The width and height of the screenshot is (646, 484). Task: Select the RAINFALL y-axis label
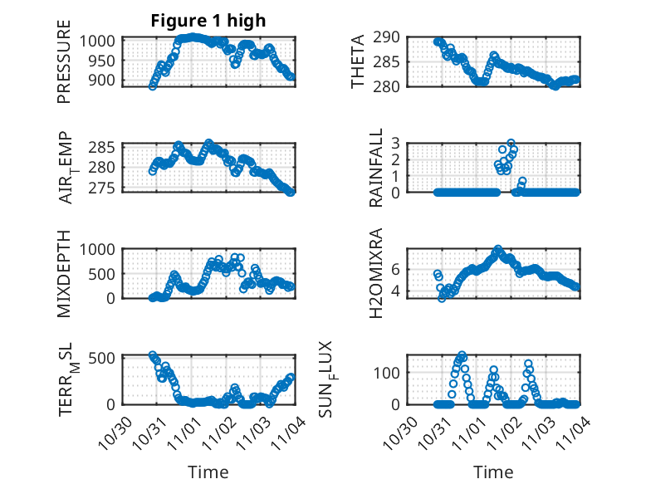pos(375,168)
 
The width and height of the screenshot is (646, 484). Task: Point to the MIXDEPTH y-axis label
pos(65,272)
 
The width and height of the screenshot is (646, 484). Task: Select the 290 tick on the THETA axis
pos(392,37)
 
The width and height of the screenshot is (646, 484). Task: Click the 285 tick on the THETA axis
pos(392,61)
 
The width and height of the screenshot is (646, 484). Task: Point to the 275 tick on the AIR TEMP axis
pos(107,188)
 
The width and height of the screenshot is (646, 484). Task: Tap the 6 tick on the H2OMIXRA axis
pos(395,268)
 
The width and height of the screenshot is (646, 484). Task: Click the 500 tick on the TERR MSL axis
pos(107,358)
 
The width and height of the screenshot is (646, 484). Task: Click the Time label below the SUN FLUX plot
pos(493,472)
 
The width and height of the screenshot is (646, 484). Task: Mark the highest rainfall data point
pos(511,144)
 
